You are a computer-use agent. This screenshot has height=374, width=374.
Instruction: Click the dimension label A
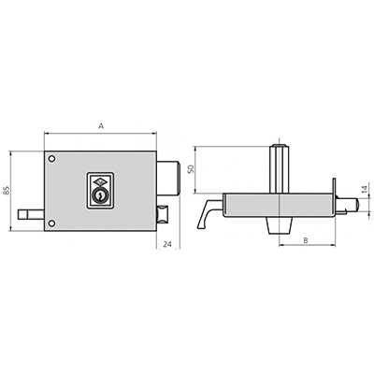tap(101, 126)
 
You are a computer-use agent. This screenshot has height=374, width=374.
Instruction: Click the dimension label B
tap(306, 240)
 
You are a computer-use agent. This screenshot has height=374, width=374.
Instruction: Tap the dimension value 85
tap(7, 191)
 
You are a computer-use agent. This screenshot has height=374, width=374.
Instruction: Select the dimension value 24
tap(167, 244)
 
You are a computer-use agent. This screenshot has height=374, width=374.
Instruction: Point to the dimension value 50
tap(191, 169)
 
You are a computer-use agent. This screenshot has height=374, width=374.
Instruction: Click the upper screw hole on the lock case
tap(51, 159)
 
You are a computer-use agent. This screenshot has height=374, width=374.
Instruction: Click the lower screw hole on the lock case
tap(51, 223)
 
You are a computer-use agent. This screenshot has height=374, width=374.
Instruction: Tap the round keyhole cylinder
tap(100, 195)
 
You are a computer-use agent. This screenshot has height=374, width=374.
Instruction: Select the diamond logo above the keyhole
tap(100, 181)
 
